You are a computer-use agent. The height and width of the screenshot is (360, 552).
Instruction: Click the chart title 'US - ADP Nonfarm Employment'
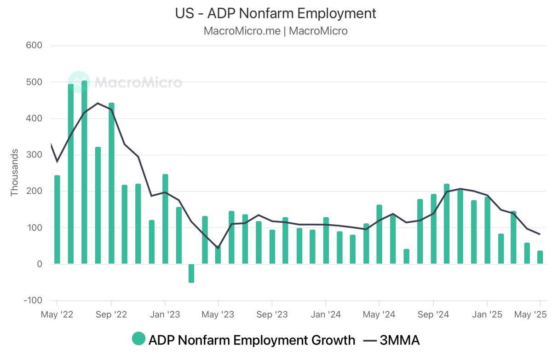276,13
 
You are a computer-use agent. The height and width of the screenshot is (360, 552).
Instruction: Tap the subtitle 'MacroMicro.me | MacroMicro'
276,31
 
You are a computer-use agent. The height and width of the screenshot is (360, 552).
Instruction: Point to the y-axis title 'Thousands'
14,173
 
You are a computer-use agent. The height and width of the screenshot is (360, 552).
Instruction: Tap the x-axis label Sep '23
271,315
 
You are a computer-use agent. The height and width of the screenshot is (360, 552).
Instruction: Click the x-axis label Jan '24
325,315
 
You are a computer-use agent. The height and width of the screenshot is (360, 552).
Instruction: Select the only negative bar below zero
191,273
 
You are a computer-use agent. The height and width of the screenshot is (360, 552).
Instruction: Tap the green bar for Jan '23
165,219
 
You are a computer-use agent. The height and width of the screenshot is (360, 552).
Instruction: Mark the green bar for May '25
540,257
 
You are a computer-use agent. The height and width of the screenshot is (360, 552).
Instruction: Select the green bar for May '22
57,220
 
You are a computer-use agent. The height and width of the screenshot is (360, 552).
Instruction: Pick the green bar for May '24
379,234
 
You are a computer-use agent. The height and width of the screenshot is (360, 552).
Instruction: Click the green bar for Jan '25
487,230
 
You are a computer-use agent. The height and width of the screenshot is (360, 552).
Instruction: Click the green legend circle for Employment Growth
138,340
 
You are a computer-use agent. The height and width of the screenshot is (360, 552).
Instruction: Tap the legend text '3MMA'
399,340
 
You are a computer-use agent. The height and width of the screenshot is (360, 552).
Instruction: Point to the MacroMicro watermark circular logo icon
78,82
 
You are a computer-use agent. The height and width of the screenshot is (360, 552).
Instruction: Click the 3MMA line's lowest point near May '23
218,248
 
